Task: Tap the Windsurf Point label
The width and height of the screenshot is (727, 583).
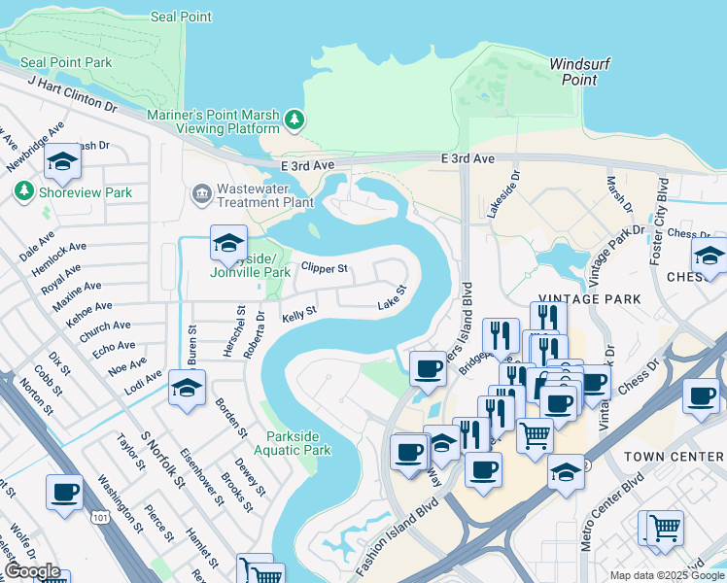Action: tap(579, 72)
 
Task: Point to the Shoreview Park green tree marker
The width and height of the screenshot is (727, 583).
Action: tap(23, 192)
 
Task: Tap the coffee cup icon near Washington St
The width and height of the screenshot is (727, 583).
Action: tap(64, 493)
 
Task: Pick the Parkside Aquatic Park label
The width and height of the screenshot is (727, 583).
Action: tap(293, 442)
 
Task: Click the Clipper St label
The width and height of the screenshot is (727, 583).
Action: tap(324, 266)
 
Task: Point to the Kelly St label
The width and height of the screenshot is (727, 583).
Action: tap(298, 314)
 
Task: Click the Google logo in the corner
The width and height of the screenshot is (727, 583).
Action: tap(32, 571)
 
